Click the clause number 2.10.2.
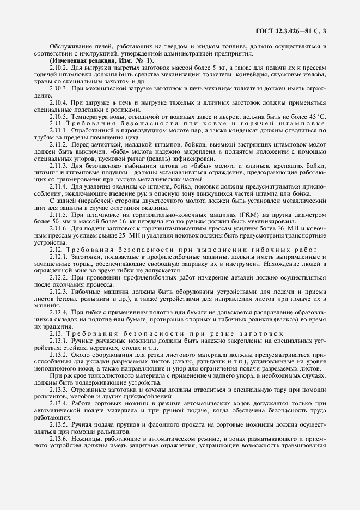point(59,66)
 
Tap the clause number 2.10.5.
point(59,116)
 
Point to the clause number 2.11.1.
point(59,131)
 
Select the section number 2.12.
point(56,250)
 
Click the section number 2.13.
point(56,333)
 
